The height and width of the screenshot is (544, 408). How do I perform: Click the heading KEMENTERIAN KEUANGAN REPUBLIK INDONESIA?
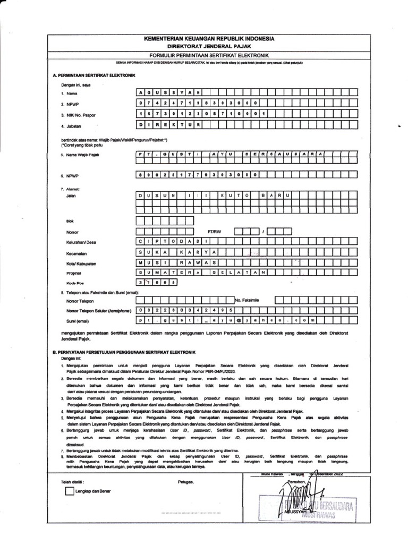pyautogui.click(x=209, y=39)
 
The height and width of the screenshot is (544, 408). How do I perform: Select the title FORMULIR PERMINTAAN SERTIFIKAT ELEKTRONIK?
pyautogui.click(x=209, y=55)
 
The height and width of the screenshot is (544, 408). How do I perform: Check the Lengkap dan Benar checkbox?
pyautogui.click(x=69, y=491)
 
